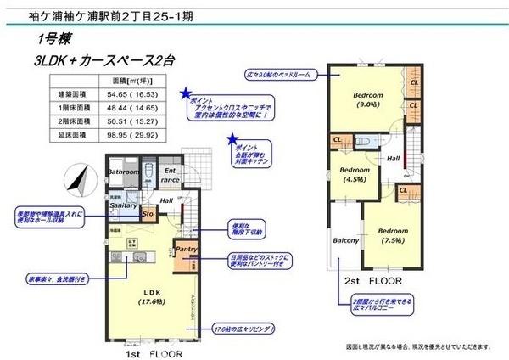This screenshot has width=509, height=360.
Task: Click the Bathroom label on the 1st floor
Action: click(123, 172)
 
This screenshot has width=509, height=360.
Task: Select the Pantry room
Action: click(185, 249)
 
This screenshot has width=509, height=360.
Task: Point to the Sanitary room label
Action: click(123, 205)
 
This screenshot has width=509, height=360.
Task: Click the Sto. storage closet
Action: click(148, 214)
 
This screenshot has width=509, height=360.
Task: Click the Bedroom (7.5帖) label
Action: click(393, 235)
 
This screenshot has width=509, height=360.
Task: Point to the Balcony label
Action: click(346, 240)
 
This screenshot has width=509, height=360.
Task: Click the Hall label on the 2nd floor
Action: click(394, 159)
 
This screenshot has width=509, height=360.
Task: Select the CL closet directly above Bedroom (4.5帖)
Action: click(338, 139)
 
